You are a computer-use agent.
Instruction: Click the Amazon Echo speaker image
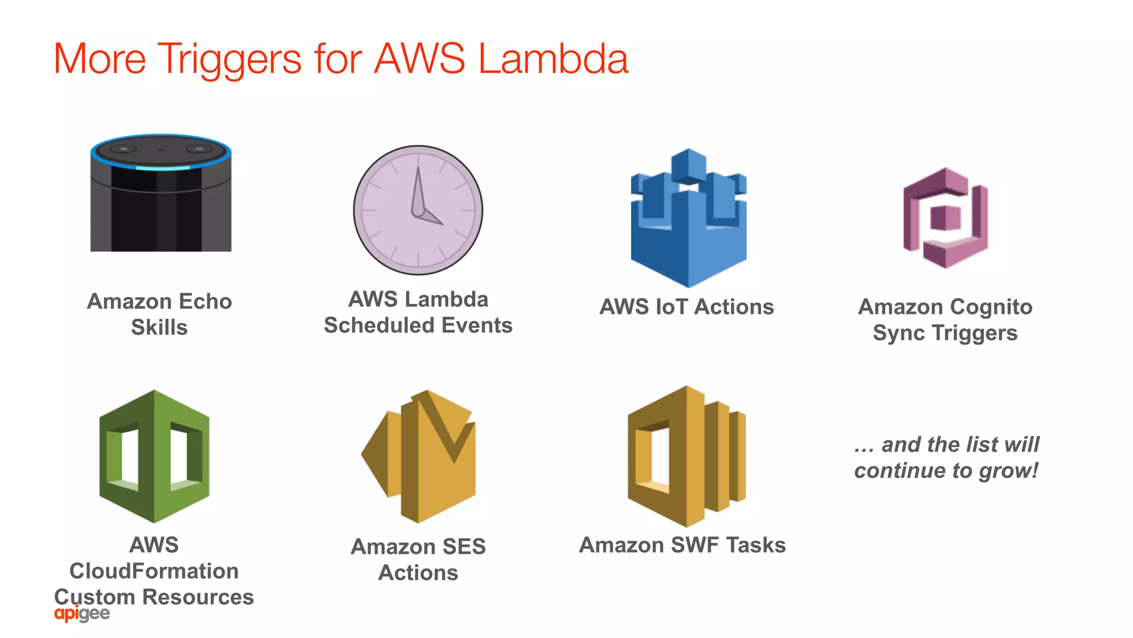(x=160, y=194)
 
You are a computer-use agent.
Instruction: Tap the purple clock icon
(x=418, y=210)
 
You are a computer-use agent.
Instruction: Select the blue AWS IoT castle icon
(x=688, y=218)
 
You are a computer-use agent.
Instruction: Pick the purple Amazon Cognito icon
(x=945, y=218)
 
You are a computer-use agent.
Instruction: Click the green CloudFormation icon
(x=154, y=457)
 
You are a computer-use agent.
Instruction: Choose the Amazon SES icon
(x=419, y=457)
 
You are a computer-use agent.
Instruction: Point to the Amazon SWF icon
(x=687, y=457)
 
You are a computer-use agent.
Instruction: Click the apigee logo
(x=82, y=614)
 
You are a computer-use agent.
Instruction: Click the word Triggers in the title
(x=230, y=59)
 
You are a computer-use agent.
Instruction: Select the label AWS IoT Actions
(x=687, y=307)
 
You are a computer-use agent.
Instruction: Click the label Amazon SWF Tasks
(x=682, y=545)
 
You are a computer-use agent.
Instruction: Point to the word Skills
(x=159, y=328)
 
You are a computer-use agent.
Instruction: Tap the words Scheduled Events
(x=418, y=325)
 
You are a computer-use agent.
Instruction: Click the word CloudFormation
(x=154, y=571)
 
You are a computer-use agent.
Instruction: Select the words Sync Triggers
(x=945, y=333)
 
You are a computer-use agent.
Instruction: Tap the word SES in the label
(x=464, y=547)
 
